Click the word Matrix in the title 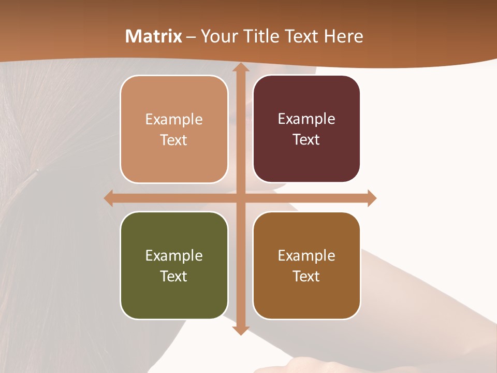154,36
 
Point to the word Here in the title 344,36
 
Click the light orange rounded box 174,130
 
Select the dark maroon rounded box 306,129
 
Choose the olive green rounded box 174,265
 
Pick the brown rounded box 306,265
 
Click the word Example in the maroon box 306,119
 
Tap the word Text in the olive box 174,276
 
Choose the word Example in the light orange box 174,120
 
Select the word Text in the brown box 306,276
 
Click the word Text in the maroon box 306,140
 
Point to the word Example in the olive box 174,255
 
